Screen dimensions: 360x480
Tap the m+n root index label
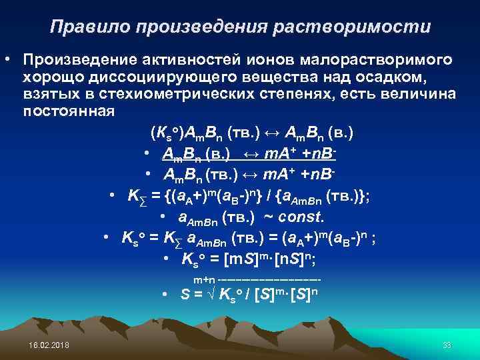tap(204, 279)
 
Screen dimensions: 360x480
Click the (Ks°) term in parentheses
tap(166, 132)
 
